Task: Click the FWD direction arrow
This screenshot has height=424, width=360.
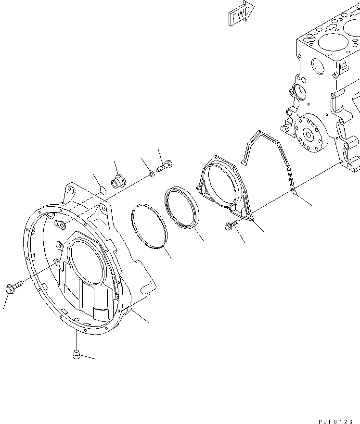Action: (240, 14)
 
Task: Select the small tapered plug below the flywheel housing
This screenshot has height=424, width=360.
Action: (76, 355)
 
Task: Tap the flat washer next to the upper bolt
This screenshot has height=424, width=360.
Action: (151, 173)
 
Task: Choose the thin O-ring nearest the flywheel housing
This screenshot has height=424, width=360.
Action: (150, 226)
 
